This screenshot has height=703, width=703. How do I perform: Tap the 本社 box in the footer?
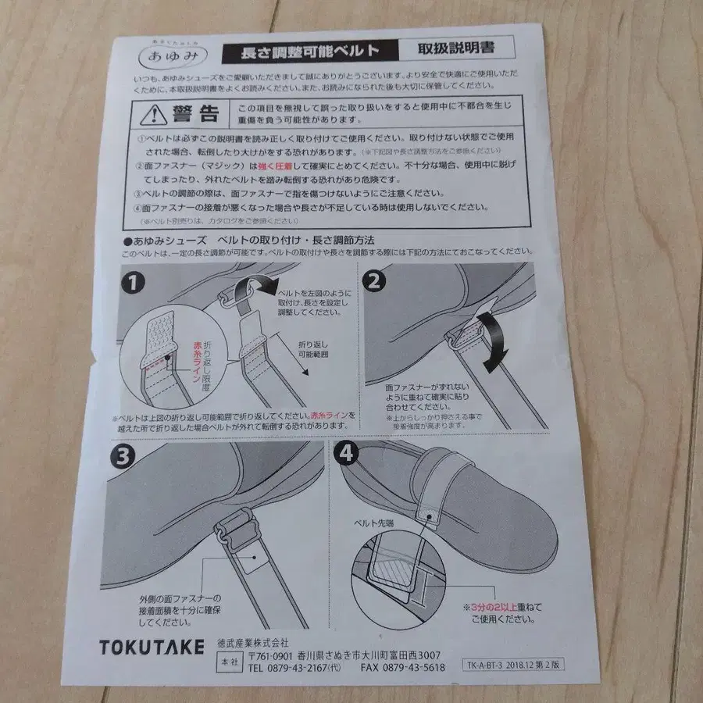[x=227, y=660]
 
